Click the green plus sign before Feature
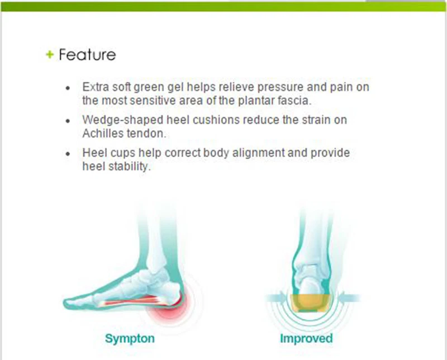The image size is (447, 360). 50,54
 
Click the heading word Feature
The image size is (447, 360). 87,54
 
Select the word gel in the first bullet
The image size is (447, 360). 175,88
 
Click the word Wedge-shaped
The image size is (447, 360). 122,120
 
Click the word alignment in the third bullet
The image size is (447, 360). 258,153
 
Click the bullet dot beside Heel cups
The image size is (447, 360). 68,154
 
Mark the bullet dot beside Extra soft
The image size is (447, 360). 68,88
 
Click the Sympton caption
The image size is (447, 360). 130,339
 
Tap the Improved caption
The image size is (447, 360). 306,338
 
